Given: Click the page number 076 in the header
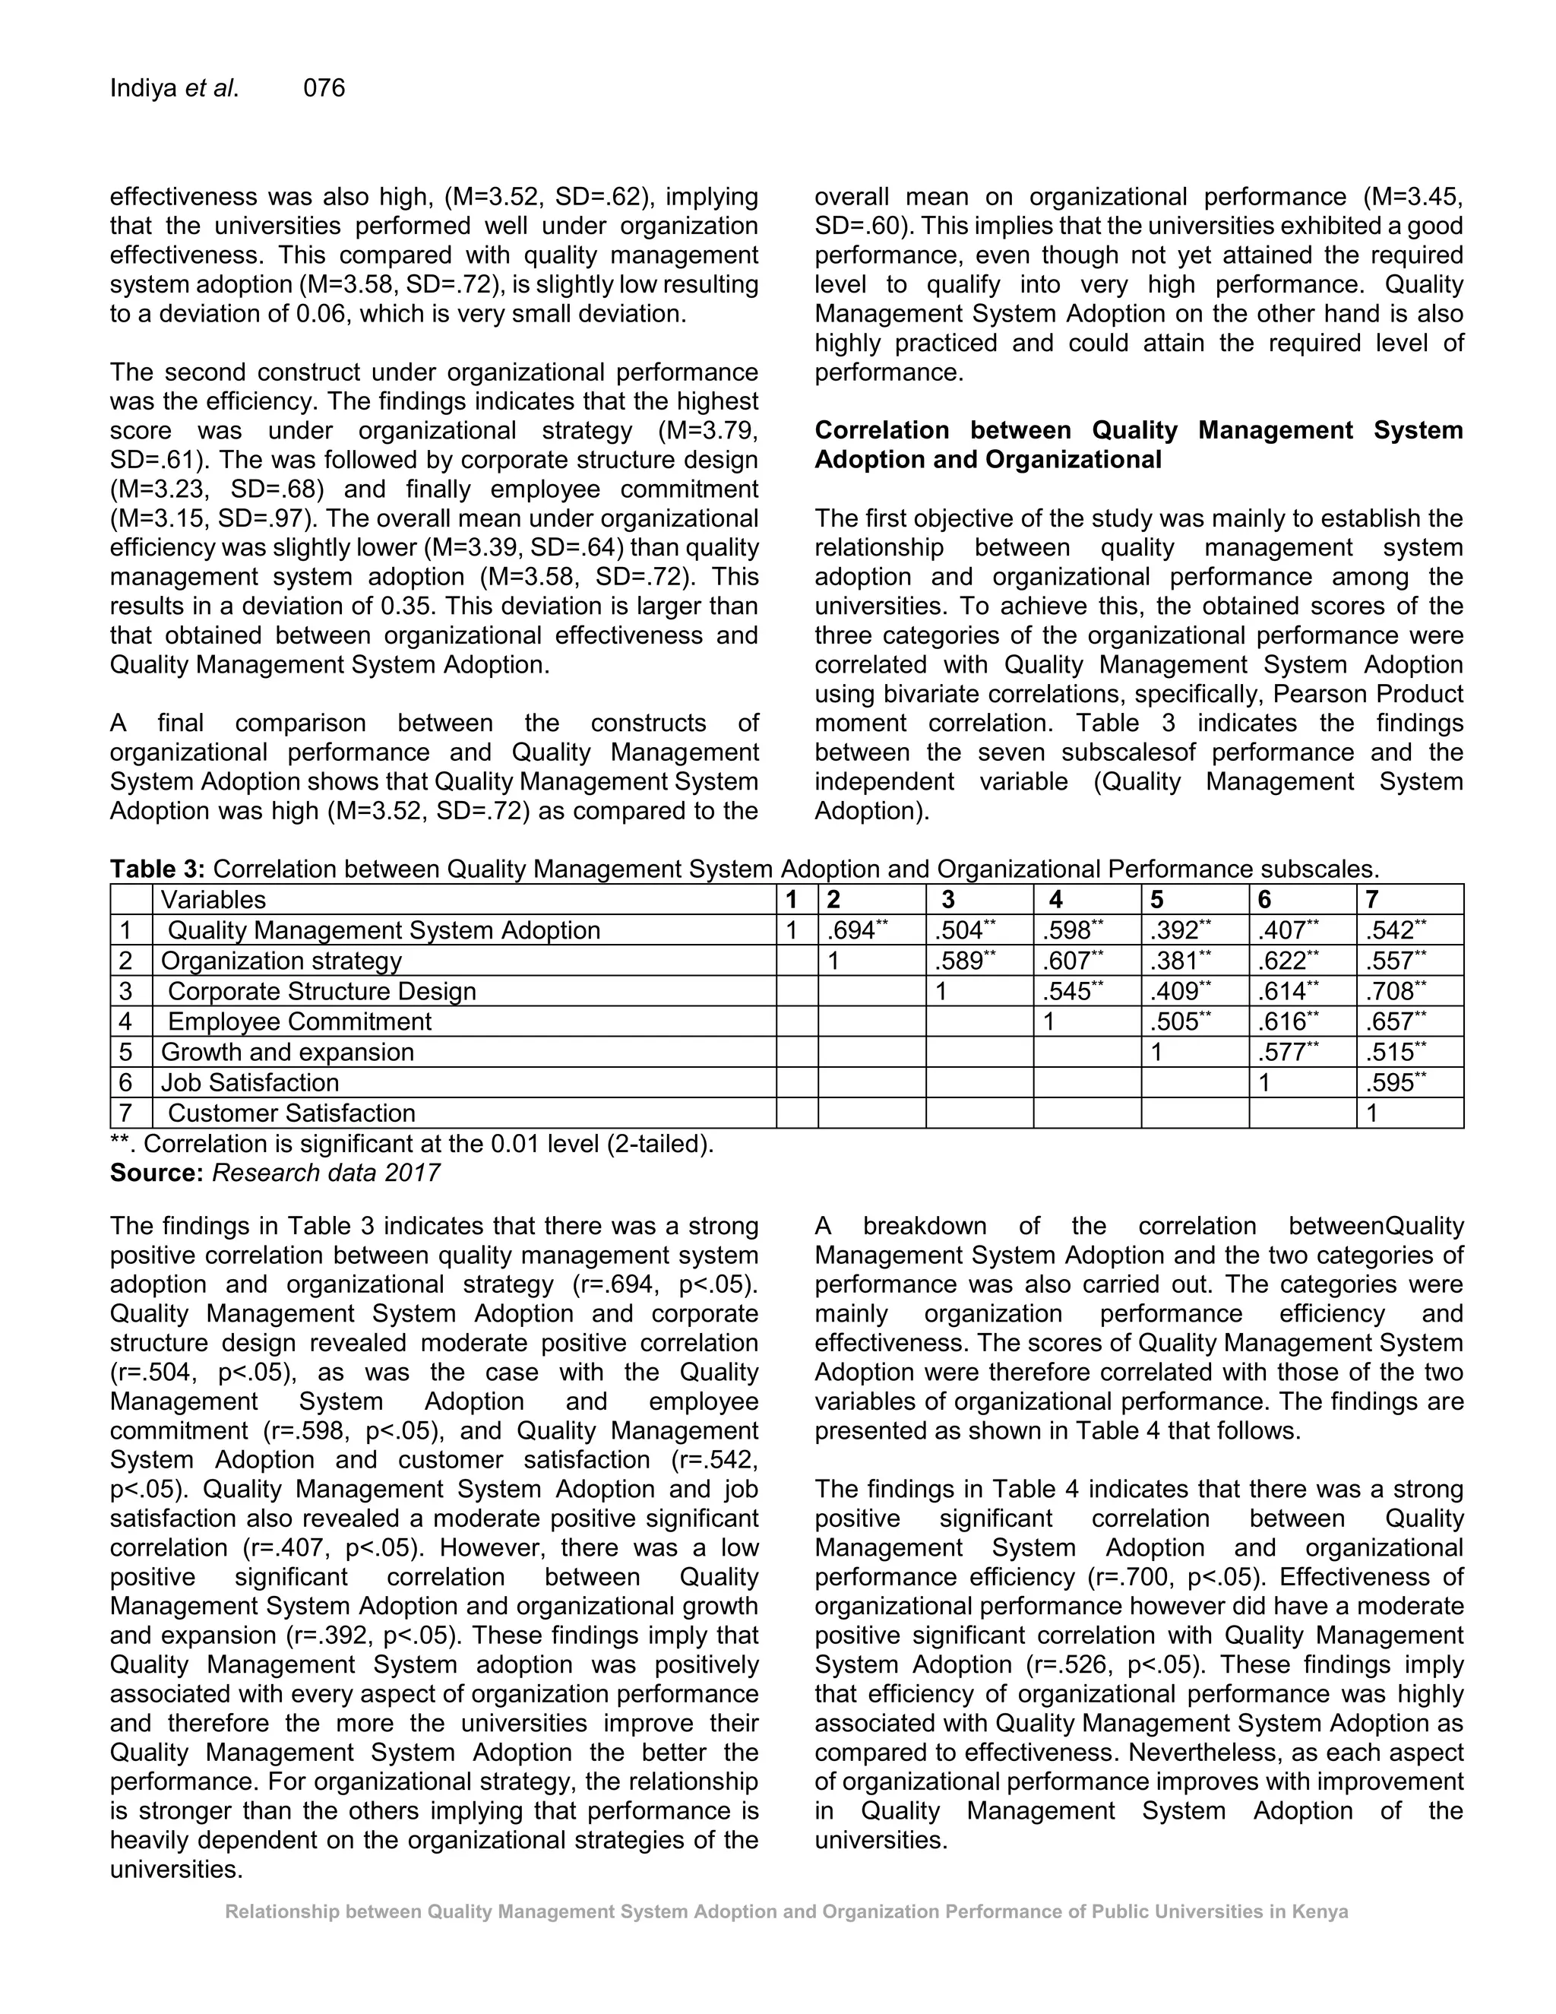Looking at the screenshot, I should pyautogui.click(x=324, y=87).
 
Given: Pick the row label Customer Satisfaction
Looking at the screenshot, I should pyautogui.click(x=291, y=1113).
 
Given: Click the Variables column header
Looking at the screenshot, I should pyautogui.click(x=213, y=899).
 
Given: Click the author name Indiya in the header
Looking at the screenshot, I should pyautogui.click(x=144, y=87).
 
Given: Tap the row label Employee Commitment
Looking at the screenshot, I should pyautogui.click(x=299, y=1021).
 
